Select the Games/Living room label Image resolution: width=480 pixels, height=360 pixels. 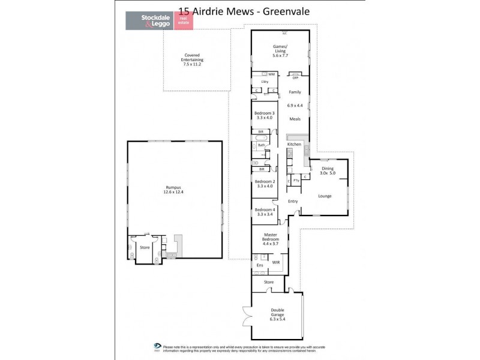tap(280, 49)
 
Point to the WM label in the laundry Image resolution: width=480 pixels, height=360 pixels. tap(271, 74)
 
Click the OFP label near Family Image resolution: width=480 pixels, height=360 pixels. tap(295, 78)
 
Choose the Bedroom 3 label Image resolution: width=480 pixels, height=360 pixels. tap(264, 113)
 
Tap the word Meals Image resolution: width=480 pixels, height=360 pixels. tap(295, 119)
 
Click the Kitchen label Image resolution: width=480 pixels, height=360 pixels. tap(293, 145)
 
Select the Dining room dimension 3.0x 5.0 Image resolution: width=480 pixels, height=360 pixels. tap(328, 173)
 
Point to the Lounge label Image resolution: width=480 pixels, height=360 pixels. tap(324, 196)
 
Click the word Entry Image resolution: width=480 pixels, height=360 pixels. tap(293, 201)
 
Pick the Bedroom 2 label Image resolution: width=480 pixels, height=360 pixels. tap(264, 181)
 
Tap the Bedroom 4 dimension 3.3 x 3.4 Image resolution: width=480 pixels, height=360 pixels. tap(264, 214)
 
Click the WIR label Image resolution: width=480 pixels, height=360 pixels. tap(277, 262)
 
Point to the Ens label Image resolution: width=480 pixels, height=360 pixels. tap(260, 265)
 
